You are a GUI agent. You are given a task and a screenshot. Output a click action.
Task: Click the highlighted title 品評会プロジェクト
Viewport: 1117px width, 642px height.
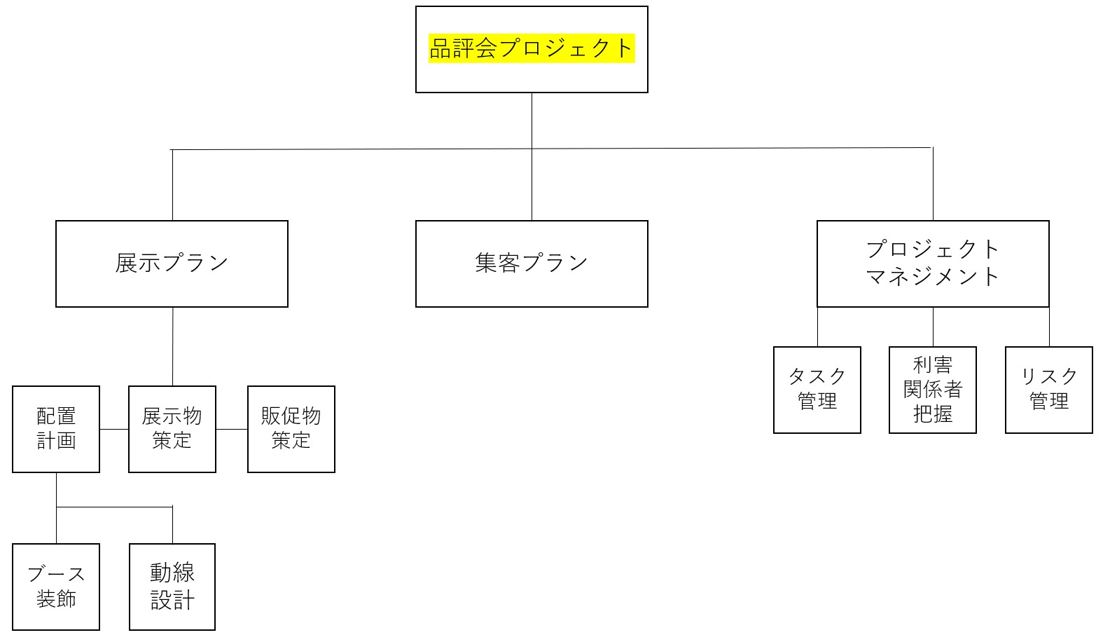[x=532, y=48]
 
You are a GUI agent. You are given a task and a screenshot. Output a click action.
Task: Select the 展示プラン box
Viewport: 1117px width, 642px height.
[x=172, y=264]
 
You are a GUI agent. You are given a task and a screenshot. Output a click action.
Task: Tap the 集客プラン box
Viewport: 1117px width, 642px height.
[x=532, y=264]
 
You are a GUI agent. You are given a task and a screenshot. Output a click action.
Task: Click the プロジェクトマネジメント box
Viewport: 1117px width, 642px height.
[x=933, y=264]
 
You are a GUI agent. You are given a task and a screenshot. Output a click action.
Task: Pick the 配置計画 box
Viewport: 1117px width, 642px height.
[x=56, y=429]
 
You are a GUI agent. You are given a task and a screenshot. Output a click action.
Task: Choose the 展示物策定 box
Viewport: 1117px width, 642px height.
[x=172, y=429]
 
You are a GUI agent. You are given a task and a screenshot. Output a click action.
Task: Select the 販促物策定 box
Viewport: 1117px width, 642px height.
[x=291, y=429]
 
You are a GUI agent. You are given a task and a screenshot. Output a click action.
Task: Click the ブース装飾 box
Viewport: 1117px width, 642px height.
[x=56, y=587]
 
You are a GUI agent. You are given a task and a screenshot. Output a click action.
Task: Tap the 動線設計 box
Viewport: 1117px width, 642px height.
[x=172, y=587]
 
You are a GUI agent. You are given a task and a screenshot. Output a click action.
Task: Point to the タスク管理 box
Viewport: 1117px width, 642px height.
[x=817, y=390]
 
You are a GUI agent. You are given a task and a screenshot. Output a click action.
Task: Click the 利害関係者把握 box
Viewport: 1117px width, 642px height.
[x=933, y=390]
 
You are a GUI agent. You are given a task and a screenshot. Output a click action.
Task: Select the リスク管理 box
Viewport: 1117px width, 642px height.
[x=1049, y=390]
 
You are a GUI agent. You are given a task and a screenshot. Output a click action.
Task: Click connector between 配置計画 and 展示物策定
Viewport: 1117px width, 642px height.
[x=114, y=429]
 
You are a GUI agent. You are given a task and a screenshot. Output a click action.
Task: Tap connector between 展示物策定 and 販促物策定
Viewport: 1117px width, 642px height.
[x=232, y=429]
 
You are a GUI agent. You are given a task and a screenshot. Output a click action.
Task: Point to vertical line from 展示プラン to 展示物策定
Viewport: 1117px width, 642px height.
[x=173, y=346]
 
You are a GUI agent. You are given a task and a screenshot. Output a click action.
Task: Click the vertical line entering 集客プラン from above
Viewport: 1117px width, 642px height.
[x=532, y=186]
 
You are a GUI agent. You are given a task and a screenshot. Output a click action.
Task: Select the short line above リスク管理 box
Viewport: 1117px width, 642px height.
[x=1049, y=327]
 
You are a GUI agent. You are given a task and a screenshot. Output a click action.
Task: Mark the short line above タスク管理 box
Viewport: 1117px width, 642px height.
[x=817, y=327]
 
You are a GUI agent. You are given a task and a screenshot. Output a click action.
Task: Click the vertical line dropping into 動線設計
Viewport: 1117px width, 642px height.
[x=172, y=525]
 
